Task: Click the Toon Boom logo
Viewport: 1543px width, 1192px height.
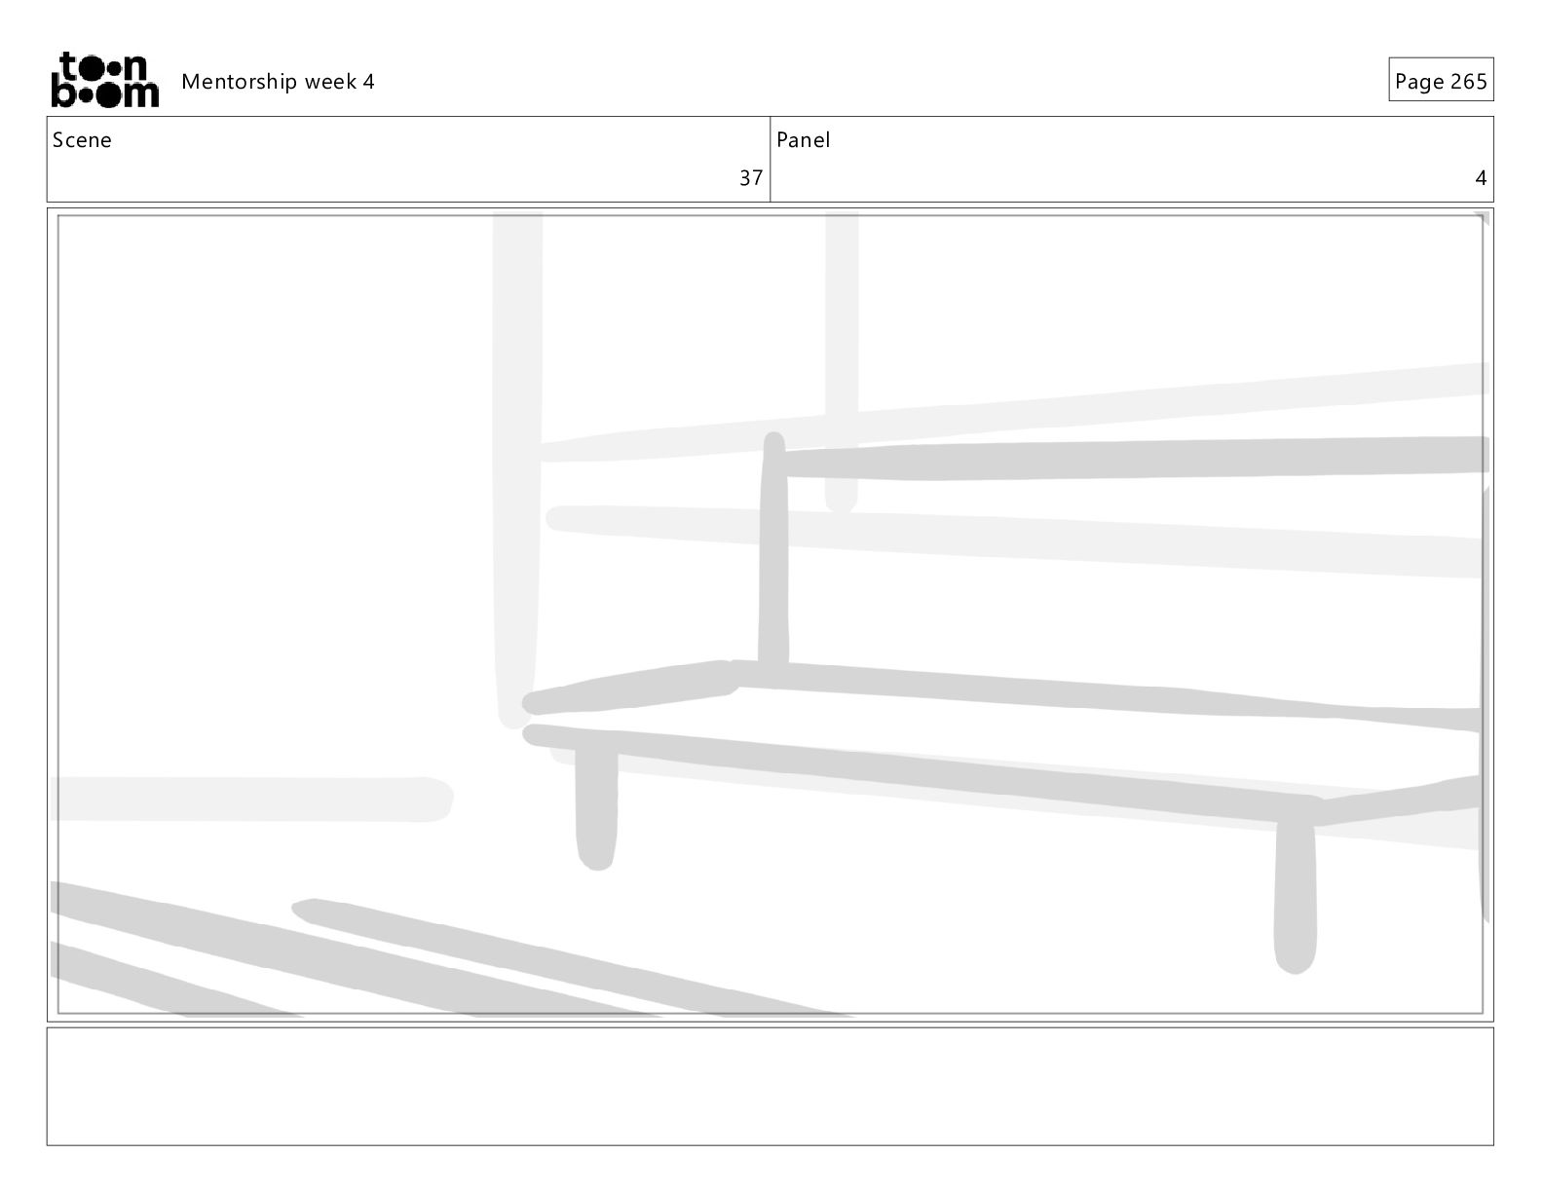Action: click(104, 80)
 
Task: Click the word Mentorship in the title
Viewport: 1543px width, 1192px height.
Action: click(240, 82)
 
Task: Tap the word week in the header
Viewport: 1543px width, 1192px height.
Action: click(331, 82)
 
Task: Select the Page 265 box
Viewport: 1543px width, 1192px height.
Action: click(1440, 81)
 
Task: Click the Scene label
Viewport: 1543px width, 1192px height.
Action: click(82, 140)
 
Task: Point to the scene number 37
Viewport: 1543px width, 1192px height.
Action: click(750, 178)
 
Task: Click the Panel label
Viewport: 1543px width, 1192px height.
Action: click(803, 140)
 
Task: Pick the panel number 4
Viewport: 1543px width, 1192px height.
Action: click(1480, 178)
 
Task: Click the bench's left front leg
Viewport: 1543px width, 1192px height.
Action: click(596, 808)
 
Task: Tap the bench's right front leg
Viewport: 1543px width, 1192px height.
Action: click(1295, 896)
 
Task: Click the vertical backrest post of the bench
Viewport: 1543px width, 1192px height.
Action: click(773, 555)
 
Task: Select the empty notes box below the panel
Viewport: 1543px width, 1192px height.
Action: click(770, 1086)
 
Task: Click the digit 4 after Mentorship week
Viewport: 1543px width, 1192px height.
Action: click(368, 82)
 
